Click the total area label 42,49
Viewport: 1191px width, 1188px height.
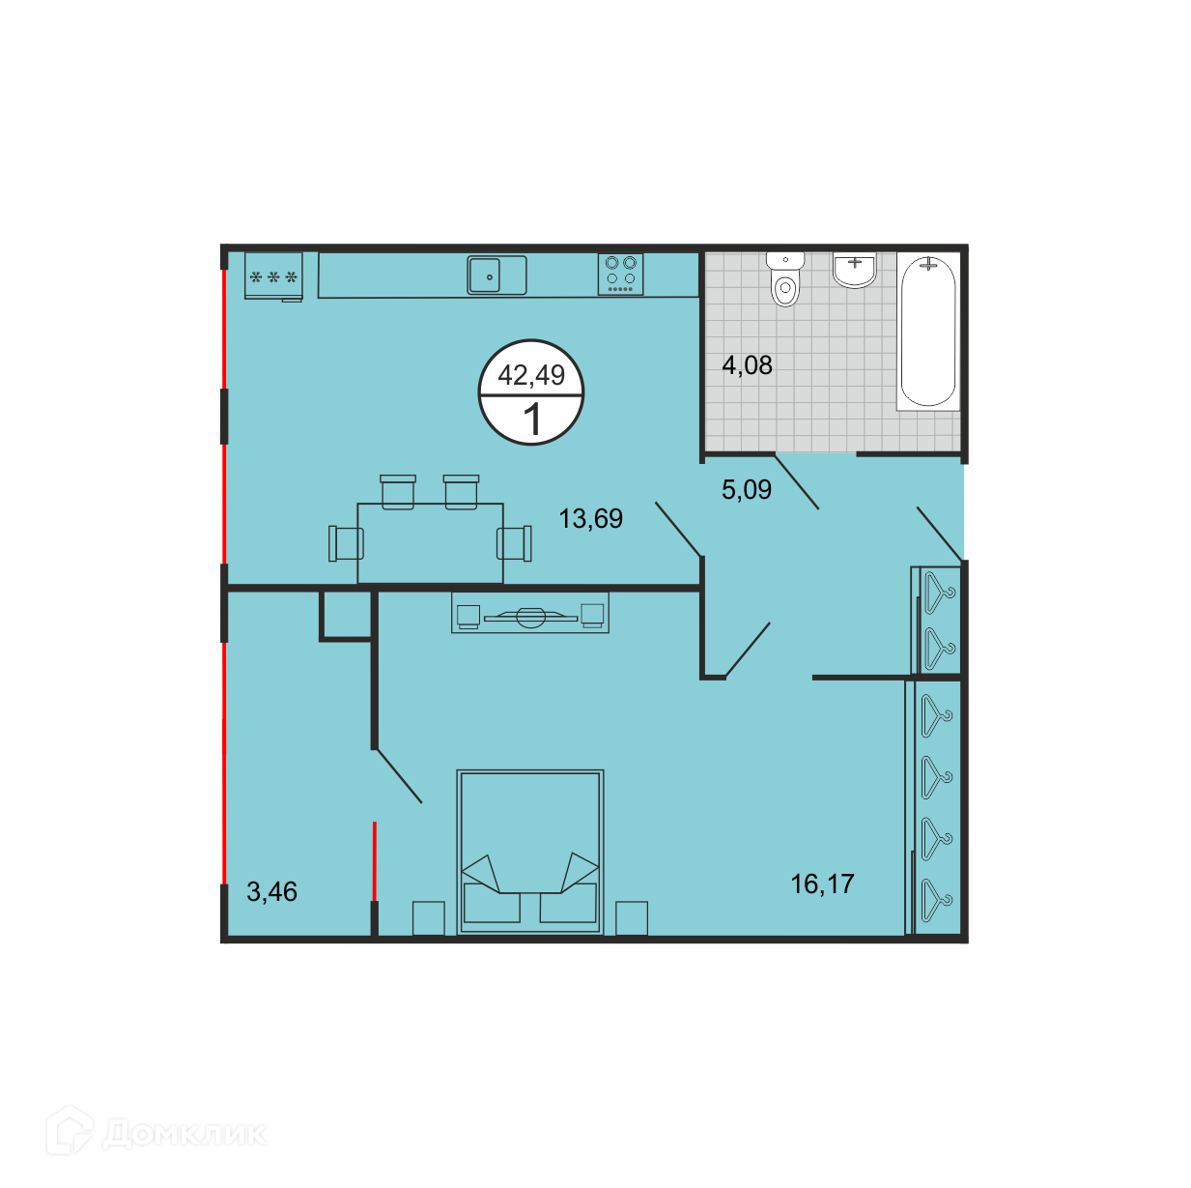[531, 375]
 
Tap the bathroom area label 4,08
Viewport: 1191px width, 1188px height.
[747, 365]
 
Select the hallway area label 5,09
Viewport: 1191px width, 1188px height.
[746, 489]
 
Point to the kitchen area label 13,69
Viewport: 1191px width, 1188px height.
[590, 518]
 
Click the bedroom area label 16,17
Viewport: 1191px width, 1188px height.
[822, 884]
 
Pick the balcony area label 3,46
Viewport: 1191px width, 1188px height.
[271, 891]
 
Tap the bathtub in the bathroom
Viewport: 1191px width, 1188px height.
[927, 332]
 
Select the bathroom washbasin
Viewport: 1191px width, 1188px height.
[854, 270]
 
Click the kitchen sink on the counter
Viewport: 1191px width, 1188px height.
[496, 275]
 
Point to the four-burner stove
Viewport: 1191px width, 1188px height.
[620, 275]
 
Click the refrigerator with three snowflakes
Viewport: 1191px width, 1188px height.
[273, 276]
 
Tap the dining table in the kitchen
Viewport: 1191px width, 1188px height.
[430, 542]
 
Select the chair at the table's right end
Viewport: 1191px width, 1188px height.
[514, 543]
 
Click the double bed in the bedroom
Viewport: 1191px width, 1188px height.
[529, 852]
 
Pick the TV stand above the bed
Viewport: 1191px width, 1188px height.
[529, 613]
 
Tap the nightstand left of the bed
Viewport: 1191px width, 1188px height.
[428, 918]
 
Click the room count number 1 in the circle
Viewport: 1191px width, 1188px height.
[532, 420]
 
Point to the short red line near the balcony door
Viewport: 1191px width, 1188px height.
[374, 861]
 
